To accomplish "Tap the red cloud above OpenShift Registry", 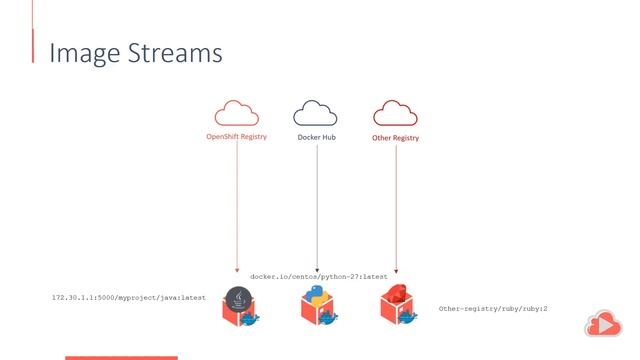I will click(x=236, y=112).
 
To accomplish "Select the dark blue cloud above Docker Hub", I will click(x=316, y=112).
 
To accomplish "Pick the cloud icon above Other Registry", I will click(x=395, y=112).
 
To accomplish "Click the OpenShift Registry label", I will click(x=236, y=137).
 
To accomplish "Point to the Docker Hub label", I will click(x=317, y=137).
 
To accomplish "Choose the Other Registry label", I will click(x=395, y=137).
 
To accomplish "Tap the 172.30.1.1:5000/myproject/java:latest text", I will click(x=129, y=297).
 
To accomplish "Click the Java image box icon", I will click(x=240, y=306).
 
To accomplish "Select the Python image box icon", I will click(x=318, y=306).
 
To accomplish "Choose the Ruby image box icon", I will click(x=397, y=306).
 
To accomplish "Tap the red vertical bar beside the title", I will click(x=33, y=45).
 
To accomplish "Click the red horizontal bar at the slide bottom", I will click(x=121, y=357).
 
